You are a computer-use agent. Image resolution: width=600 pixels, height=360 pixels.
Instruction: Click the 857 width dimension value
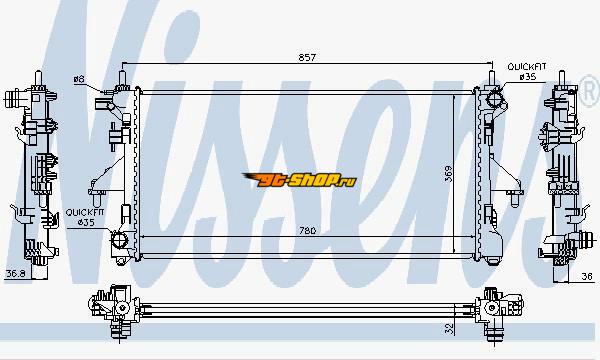(x=307, y=57)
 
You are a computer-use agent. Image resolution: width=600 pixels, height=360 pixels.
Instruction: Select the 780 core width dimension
(x=308, y=231)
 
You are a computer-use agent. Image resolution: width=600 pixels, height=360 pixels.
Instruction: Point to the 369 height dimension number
(x=448, y=174)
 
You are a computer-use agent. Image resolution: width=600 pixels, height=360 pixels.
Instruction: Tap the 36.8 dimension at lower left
(x=16, y=274)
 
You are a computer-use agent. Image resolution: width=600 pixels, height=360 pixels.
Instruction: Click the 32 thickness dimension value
(x=449, y=328)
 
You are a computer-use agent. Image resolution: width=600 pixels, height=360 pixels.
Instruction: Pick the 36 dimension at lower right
(x=587, y=276)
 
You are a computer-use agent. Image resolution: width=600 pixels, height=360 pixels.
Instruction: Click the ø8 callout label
(x=79, y=80)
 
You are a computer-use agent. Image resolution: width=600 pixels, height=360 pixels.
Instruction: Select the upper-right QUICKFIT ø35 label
(x=527, y=72)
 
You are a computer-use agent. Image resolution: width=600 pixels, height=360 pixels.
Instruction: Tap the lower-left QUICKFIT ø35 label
(x=85, y=217)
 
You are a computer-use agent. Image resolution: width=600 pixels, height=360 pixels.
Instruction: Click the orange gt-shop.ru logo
(x=299, y=180)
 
